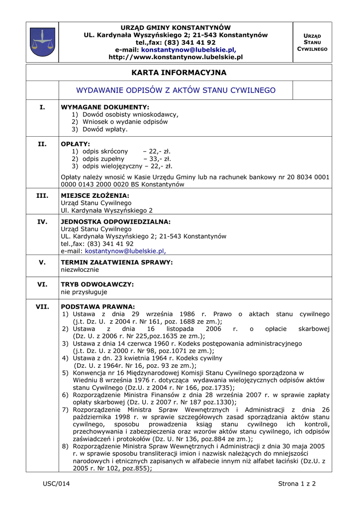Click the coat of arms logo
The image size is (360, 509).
coord(42,42)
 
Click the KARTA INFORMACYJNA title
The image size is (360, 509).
coord(179,73)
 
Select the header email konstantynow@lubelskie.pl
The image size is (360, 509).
coord(188,50)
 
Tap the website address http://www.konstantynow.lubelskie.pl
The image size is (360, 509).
coord(176,57)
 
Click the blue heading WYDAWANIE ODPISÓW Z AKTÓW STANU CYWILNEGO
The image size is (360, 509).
coord(176,90)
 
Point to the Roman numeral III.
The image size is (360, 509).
coord(42,196)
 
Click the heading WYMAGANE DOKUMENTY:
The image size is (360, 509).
coord(105,107)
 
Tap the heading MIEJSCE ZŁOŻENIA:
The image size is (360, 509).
coord(95,196)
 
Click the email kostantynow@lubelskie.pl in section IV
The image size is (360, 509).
coord(125,251)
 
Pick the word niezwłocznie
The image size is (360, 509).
coord(80,269)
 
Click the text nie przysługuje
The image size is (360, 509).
coord(84,292)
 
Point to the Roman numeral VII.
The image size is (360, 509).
coord(42,307)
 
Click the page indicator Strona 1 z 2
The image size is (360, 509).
coord(297,484)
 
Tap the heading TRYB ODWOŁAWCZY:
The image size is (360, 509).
coord(97,284)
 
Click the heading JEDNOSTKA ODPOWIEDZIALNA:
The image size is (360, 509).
coord(115,222)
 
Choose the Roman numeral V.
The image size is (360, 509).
coord(42,262)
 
